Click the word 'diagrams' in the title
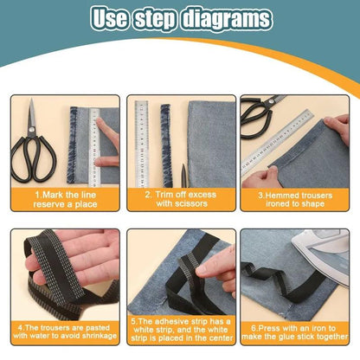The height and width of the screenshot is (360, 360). click(x=228, y=19)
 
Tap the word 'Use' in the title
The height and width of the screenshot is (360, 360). click(x=109, y=18)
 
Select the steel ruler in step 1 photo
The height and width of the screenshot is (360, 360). click(x=94, y=147)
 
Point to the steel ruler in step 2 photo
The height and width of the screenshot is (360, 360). click(x=142, y=145)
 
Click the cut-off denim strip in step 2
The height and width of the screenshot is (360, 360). click(x=166, y=145)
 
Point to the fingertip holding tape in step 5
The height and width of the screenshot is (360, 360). click(x=202, y=270)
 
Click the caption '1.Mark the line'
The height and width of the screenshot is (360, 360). click(x=66, y=195)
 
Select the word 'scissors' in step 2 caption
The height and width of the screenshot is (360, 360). click(x=190, y=203)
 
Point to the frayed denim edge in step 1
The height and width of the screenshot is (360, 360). click(x=72, y=145)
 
